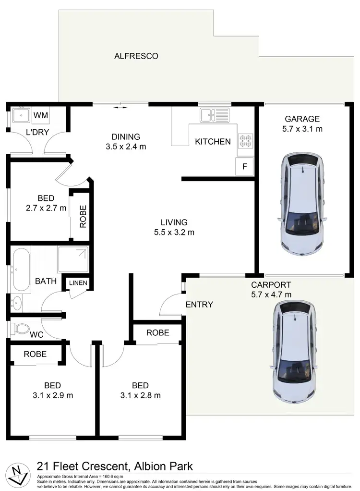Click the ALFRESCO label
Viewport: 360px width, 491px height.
click(x=136, y=56)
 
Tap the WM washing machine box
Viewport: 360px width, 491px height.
click(x=41, y=115)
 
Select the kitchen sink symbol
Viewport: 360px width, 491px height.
click(x=215, y=114)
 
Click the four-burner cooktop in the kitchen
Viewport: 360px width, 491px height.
click(x=245, y=139)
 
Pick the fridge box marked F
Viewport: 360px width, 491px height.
click(x=244, y=167)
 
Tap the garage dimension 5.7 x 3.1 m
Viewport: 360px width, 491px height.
click(x=302, y=129)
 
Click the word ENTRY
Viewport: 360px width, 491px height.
click(x=199, y=304)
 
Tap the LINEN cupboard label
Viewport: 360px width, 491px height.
click(x=78, y=283)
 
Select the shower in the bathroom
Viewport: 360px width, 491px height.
click(x=73, y=259)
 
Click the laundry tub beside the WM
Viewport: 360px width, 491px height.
click(x=21, y=116)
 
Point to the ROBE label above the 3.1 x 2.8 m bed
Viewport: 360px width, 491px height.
click(x=157, y=332)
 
